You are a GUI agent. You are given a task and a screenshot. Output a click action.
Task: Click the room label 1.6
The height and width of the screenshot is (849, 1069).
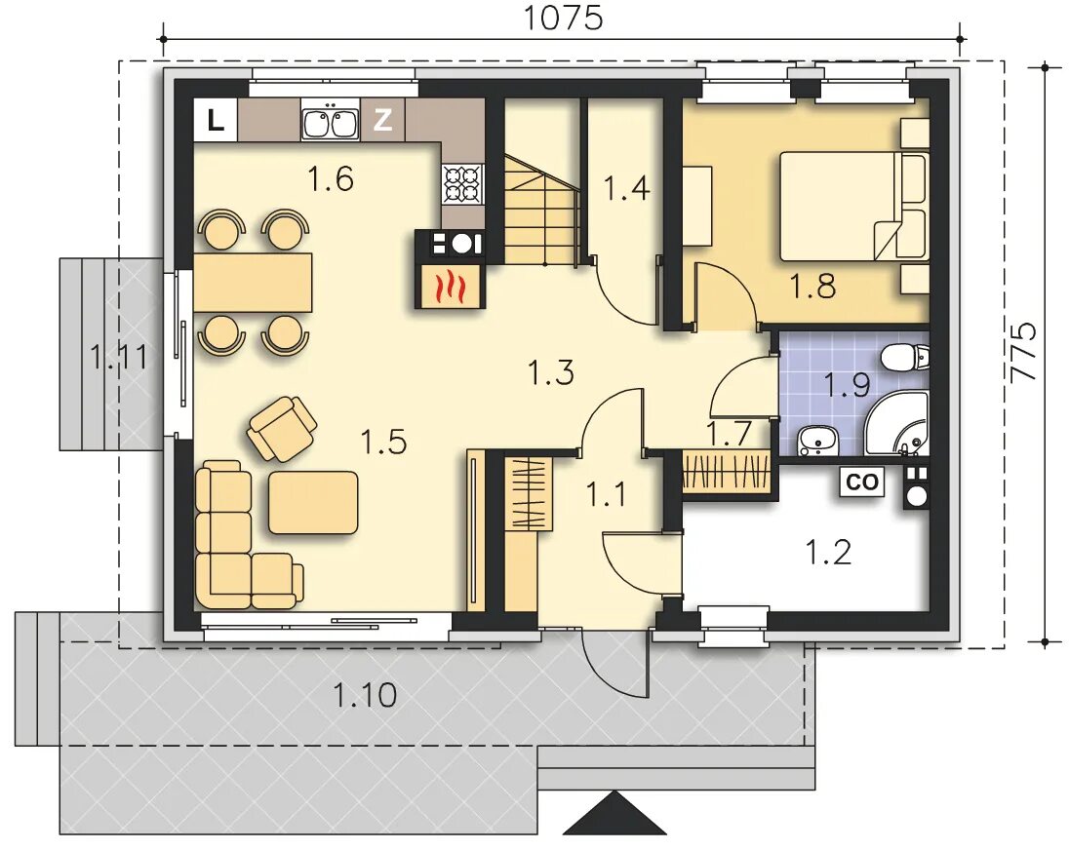pos(331,179)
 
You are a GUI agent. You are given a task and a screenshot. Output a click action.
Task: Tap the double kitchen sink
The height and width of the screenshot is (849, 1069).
pos(330,121)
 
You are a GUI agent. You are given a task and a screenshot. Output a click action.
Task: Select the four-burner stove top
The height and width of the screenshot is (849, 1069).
pos(463,184)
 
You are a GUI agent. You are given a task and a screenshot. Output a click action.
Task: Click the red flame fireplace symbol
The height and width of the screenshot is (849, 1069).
pos(451,286)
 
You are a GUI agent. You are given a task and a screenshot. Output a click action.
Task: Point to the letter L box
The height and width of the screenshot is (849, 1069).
pos(216,121)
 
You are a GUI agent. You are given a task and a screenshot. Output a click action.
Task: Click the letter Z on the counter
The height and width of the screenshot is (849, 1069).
pos(383,120)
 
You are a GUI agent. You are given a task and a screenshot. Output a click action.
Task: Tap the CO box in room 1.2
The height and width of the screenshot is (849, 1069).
pos(862,482)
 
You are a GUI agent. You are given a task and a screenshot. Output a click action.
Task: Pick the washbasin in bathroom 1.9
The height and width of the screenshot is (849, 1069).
pos(818,440)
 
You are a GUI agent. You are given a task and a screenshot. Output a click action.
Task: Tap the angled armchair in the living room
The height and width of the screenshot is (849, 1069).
pos(282,427)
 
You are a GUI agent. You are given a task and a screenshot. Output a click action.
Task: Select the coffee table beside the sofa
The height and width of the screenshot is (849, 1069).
pos(313,502)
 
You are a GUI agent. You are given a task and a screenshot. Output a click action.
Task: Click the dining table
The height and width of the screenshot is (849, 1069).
pos(253,282)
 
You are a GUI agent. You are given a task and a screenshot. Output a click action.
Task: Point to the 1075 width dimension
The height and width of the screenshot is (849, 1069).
pos(563,19)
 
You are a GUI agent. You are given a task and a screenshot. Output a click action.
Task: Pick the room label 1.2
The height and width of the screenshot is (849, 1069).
pos(828,552)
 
